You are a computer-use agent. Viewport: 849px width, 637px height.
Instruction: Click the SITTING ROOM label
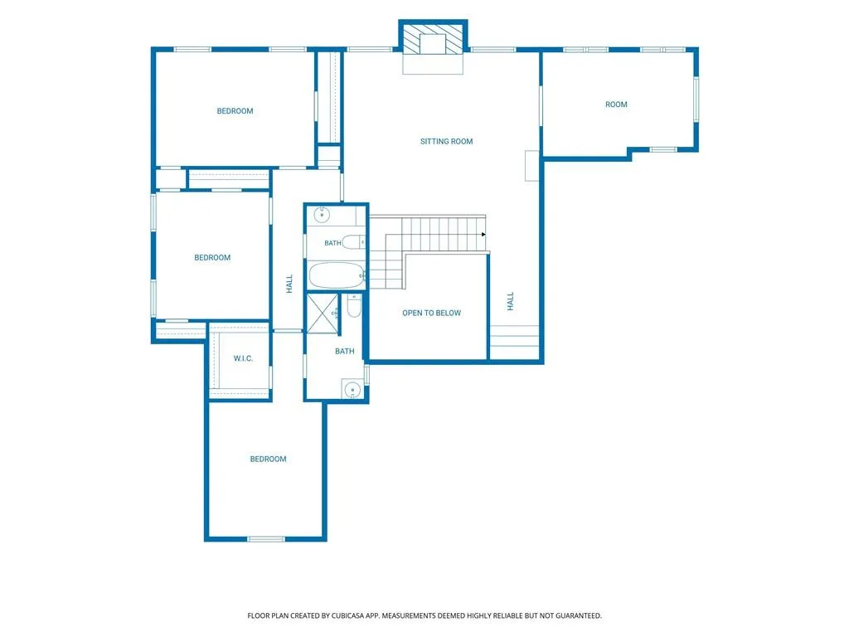click(x=447, y=141)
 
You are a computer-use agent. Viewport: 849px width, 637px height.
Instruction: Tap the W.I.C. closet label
click(x=243, y=358)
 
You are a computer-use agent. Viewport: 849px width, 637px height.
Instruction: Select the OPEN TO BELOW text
click(x=431, y=313)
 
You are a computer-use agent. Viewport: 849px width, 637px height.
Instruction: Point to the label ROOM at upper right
click(x=616, y=105)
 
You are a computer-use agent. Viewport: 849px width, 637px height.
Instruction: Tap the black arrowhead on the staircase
click(x=483, y=235)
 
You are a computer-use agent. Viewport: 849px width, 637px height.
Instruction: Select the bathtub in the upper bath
click(x=337, y=275)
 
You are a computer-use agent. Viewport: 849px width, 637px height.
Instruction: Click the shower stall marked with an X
click(x=323, y=314)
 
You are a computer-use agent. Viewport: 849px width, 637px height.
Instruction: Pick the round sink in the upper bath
click(x=323, y=215)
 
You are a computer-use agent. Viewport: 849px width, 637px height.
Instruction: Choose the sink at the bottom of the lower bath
click(x=352, y=390)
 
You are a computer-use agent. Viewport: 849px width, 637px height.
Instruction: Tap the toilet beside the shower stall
click(x=354, y=306)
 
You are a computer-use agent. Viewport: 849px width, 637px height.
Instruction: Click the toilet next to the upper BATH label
click(x=354, y=242)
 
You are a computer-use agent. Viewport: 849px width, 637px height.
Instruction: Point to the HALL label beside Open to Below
click(x=510, y=301)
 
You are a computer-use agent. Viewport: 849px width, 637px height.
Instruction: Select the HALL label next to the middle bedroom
click(x=289, y=284)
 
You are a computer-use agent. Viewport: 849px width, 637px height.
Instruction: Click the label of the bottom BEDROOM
click(x=268, y=460)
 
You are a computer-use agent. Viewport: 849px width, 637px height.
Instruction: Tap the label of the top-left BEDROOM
click(x=235, y=111)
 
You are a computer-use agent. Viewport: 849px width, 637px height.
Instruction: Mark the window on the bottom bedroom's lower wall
click(x=266, y=539)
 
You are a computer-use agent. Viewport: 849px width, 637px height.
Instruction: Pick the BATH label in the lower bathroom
click(x=344, y=352)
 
